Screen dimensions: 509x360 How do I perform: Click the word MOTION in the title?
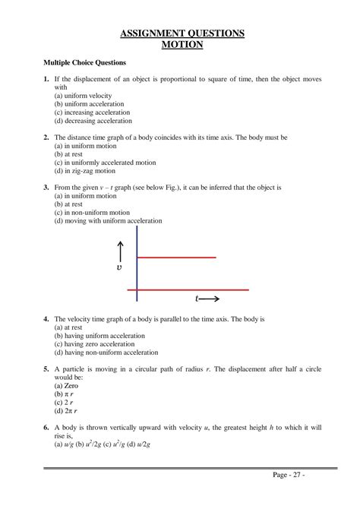(183, 44)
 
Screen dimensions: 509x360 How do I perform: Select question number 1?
(46, 80)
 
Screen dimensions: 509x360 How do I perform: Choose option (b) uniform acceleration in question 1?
(94, 103)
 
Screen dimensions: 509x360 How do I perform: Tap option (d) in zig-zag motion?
(84, 171)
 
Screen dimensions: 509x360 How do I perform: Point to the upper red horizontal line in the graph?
(177, 258)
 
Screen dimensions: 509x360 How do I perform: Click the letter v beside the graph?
(118, 268)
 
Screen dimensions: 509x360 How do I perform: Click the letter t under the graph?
(197, 300)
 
